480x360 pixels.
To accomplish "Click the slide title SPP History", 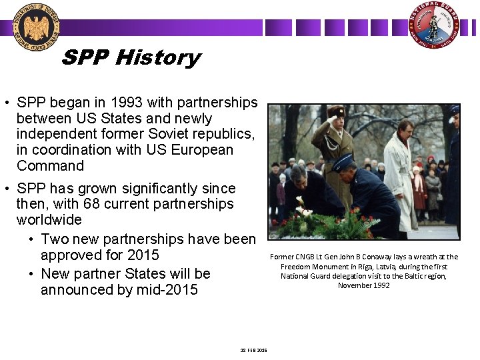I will click(x=131, y=58).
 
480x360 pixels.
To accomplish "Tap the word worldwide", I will click(x=49, y=220).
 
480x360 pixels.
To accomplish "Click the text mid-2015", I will click(x=166, y=290).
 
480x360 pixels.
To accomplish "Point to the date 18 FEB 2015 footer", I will click(x=253, y=350).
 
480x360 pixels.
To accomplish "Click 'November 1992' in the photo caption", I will click(x=363, y=285).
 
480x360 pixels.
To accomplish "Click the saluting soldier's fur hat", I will click(x=336, y=112).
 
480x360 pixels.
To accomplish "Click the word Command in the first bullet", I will click(x=50, y=166).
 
